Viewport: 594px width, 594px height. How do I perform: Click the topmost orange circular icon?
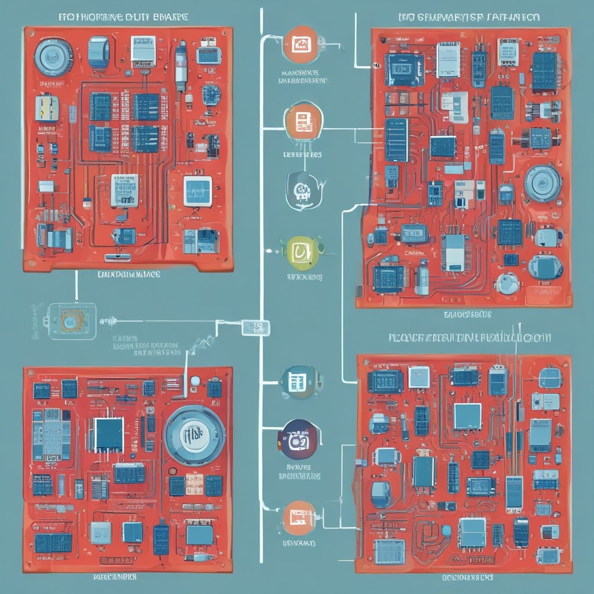(x=302, y=45)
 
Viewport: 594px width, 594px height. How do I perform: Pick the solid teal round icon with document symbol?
(x=298, y=381)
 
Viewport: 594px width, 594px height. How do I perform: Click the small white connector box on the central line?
(x=255, y=327)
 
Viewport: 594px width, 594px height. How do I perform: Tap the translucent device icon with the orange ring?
(x=69, y=320)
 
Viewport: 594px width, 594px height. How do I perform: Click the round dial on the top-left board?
(x=53, y=57)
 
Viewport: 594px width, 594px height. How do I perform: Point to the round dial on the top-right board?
(x=543, y=183)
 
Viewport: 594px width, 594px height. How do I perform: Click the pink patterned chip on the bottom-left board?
(x=194, y=484)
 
